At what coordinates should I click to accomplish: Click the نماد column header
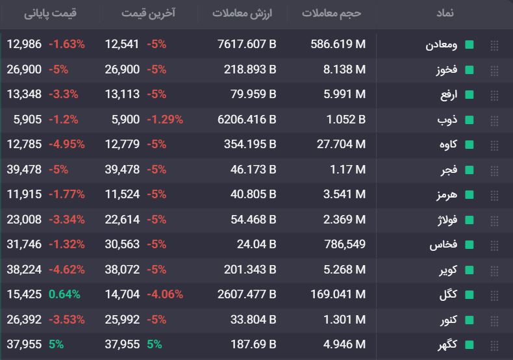pos(445,13)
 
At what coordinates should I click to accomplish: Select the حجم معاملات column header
pos(331,14)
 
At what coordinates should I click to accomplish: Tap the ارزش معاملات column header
pos(242,14)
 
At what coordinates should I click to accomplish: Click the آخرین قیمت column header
pos(148,13)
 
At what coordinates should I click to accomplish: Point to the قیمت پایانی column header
pos(50,14)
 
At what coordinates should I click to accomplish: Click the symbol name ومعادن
pos(441,45)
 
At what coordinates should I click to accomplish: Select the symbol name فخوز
pos(447,70)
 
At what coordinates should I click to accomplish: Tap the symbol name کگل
pos(448,294)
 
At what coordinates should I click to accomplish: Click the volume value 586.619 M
pos(338,44)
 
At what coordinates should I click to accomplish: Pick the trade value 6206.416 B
pos(247,120)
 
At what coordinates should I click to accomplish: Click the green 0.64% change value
pos(64,294)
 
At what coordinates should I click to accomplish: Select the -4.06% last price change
pos(165,294)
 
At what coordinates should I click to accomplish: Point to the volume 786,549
pos(345,244)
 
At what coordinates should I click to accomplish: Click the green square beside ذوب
pos(469,120)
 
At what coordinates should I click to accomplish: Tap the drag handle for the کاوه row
pos(494,145)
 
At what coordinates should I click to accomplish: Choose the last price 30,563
pos(122,244)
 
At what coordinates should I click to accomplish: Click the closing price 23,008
pos(24,219)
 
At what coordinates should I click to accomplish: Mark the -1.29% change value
pos(165,120)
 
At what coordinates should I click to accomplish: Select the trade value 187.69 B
pos(253,344)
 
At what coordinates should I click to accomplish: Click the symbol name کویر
pos(448,270)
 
